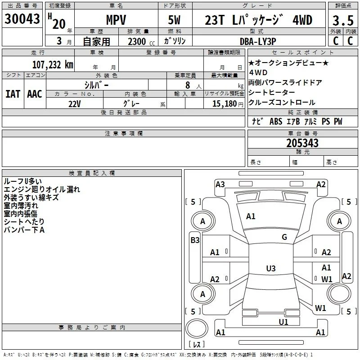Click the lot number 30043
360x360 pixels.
(22, 19)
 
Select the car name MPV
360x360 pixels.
(116, 20)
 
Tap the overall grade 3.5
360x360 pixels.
(343, 21)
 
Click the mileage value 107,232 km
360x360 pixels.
(53, 65)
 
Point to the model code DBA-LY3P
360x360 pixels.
(258, 41)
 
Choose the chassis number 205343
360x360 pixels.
(302, 143)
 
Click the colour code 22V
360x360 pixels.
(75, 104)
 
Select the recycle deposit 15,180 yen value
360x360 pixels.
(228, 104)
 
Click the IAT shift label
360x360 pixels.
(13, 94)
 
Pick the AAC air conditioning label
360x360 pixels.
(35, 94)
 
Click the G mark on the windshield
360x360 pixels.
(284, 237)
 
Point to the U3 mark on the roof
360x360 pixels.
(271, 268)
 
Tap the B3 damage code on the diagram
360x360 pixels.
(195, 240)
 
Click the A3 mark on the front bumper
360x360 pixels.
(220, 184)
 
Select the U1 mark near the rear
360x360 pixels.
(283, 322)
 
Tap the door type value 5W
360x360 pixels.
(174, 20)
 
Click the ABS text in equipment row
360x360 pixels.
(276, 121)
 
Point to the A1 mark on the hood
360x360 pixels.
(251, 216)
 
